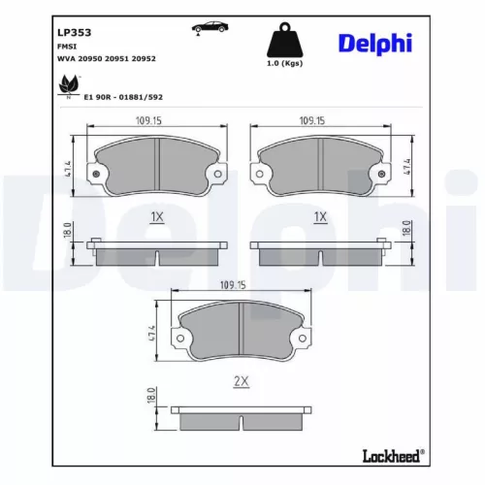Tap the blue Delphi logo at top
click(x=374, y=43)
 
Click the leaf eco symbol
click(x=69, y=89)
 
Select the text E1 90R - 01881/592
click(x=122, y=96)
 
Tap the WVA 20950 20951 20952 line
click(x=107, y=58)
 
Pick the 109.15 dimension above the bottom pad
click(x=235, y=285)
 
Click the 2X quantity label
click(x=242, y=381)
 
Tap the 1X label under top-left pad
click(x=156, y=217)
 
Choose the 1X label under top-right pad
click(x=320, y=217)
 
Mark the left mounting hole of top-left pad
click(x=96, y=175)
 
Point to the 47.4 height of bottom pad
click(x=150, y=333)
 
